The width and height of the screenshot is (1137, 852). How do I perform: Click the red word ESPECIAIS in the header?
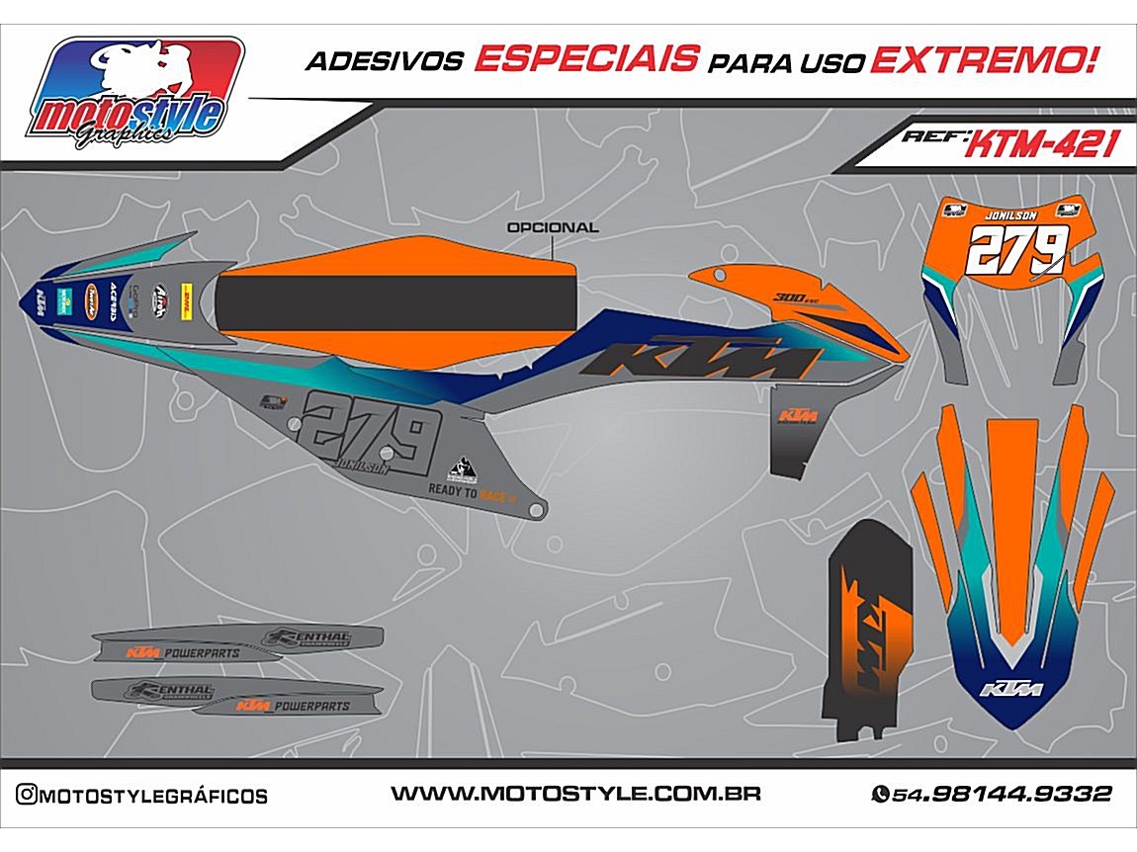[585, 59]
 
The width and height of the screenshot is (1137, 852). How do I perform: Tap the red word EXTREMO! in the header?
[985, 60]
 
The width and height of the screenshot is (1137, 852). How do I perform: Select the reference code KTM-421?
[1041, 145]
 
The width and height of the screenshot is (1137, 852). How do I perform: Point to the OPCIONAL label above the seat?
[552, 227]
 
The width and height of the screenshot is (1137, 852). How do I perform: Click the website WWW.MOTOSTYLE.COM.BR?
[575, 794]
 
